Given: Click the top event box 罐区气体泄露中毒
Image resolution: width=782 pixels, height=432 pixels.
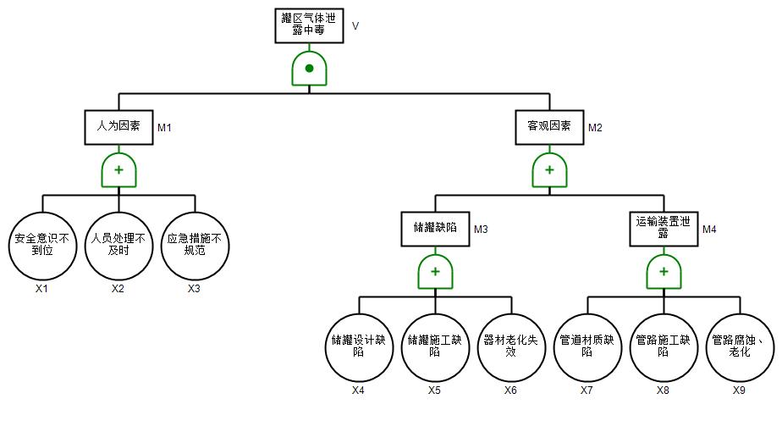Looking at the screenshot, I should [310, 25].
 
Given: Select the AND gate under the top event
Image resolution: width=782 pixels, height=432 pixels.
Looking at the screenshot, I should [310, 68].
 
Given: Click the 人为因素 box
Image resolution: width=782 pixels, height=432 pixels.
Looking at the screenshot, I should [118, 126].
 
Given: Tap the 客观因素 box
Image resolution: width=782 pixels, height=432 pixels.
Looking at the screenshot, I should [549, 126].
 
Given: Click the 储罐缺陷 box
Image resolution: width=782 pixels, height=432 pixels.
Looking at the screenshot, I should [435, 228].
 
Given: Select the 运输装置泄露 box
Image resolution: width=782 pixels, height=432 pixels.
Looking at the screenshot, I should [664, 228].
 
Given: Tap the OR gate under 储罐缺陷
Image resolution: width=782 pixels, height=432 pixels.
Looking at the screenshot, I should [435, 272].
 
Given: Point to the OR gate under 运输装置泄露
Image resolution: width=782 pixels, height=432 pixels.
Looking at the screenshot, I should [664, 272].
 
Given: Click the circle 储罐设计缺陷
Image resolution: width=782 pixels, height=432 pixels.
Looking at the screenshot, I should [359, 346].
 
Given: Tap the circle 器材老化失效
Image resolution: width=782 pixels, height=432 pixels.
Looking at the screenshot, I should [511, 346].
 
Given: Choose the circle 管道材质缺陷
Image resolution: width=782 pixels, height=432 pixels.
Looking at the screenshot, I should [587, 346].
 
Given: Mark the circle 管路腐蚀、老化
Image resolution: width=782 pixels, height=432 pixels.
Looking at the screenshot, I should [740, 346].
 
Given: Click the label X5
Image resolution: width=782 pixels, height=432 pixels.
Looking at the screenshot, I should [435, 390].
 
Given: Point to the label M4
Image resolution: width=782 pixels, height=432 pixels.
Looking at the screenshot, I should [709, 230].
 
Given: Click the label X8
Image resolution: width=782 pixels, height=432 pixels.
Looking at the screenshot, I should [664, 390].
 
